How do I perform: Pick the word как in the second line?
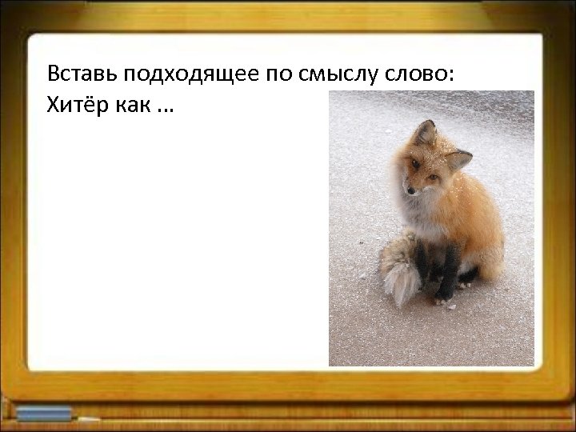tap(130, 106)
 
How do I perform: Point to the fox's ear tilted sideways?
tap(457, 160)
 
